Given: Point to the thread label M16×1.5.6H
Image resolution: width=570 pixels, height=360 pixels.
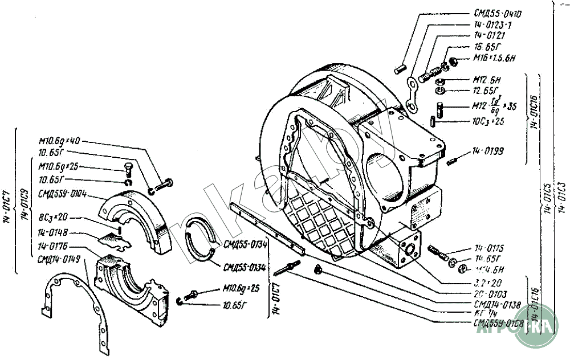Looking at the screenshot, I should click(x=494, y=58).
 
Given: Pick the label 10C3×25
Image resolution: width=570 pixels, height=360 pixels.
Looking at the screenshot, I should click(x=487, y=121).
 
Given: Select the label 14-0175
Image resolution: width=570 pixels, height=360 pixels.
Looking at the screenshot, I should click(x=490, y=248).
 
